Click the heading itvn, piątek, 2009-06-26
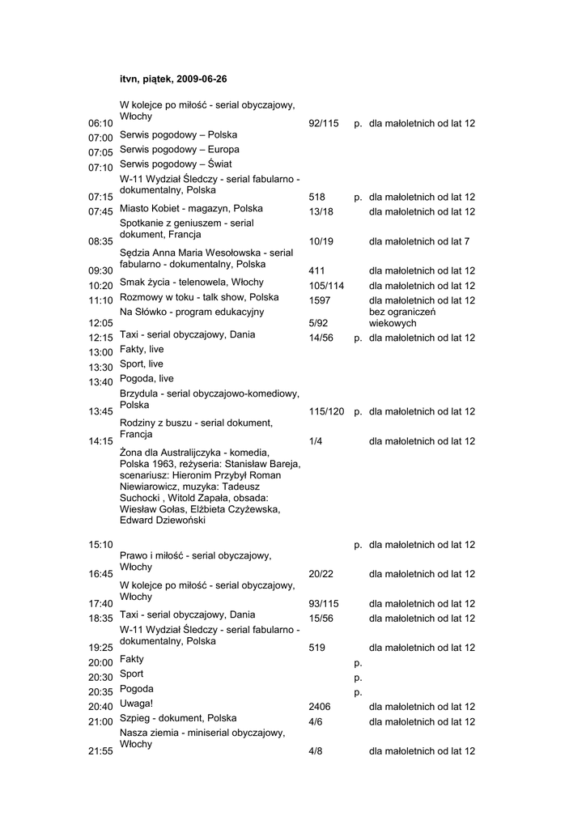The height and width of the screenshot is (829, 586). (x=173, y=79)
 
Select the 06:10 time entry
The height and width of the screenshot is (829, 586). (x=100, y=123)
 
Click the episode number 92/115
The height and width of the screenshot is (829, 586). (x=324, y=123)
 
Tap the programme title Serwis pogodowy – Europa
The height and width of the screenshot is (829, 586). (x=179, y=150)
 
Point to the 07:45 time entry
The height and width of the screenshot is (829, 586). (x=100, y=212)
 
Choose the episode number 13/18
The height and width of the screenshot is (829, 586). (x=321, y=212)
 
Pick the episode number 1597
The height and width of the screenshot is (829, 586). (x=320, y=300)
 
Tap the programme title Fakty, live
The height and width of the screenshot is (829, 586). (x=142, y=349)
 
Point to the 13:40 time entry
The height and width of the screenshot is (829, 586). (x=100, y=382)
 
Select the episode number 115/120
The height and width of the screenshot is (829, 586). (x=326, y=411)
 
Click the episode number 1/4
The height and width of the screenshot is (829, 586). (x=316, y=441)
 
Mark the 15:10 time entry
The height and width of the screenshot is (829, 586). (x=100, y=545)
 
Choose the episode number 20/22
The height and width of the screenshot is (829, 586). (x=321, y=574)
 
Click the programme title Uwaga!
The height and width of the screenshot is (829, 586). (x=136, y=704)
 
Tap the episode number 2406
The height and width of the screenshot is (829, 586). (x=320, y=707)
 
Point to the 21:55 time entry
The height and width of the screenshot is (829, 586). (x=100, y=751)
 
